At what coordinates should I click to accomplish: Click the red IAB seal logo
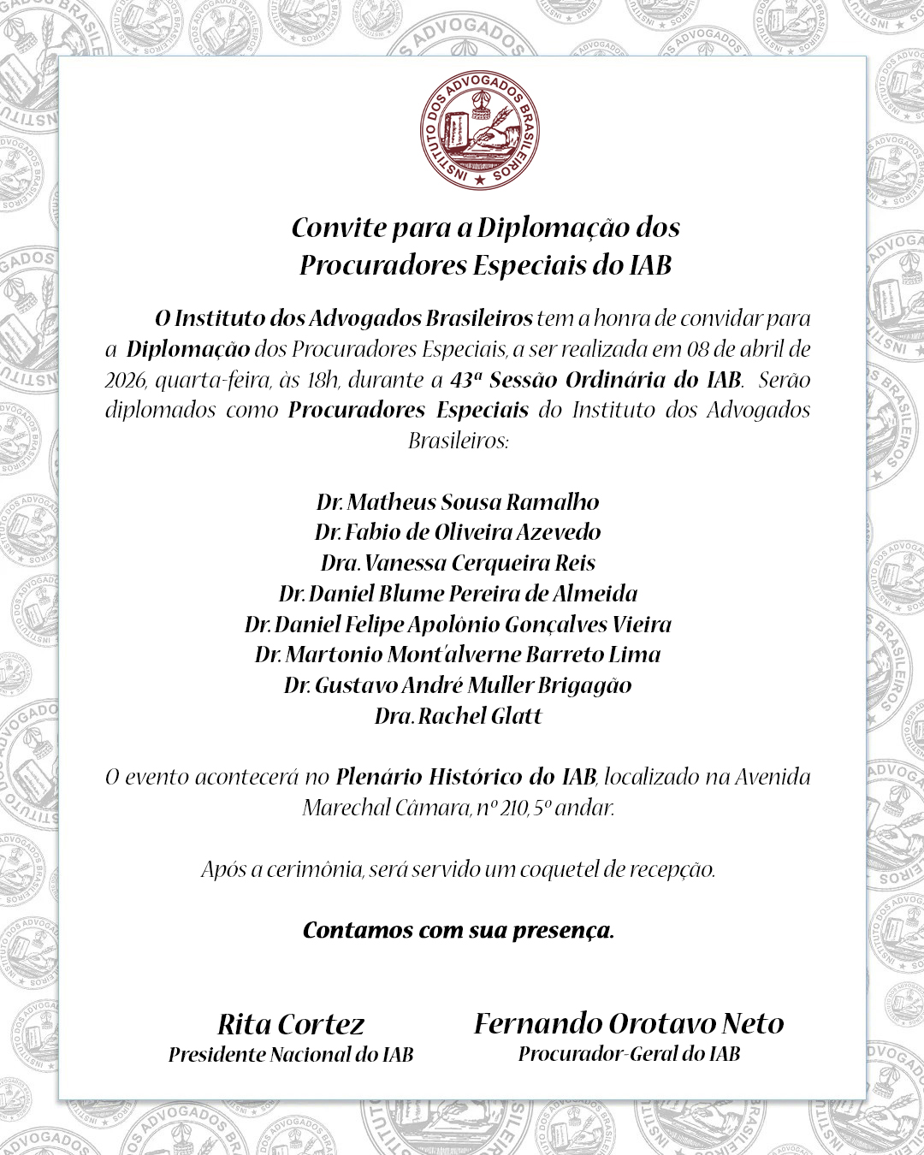[480, 131]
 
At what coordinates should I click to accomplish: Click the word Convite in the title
[339, 228]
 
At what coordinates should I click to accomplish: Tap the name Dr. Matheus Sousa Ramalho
[458, 502]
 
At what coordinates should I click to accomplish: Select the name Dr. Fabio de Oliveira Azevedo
[458, 532]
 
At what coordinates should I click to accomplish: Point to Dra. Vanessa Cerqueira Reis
[458, 563]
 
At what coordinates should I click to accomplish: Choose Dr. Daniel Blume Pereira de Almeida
[458, 594]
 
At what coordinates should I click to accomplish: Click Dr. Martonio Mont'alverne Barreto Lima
[458, 654]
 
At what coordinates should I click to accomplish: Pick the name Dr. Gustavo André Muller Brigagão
[458, 685]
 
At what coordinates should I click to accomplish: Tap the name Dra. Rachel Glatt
[458, 716]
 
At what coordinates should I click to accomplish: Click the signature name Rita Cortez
[291, 1024]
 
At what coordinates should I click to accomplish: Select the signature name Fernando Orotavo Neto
[629, 1023]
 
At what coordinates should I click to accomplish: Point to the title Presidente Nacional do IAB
[291, 1055]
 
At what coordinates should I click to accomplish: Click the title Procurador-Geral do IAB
[629, 1054]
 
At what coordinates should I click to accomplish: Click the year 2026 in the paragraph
[125, 380]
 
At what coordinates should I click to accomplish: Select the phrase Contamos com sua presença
[459, 931]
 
